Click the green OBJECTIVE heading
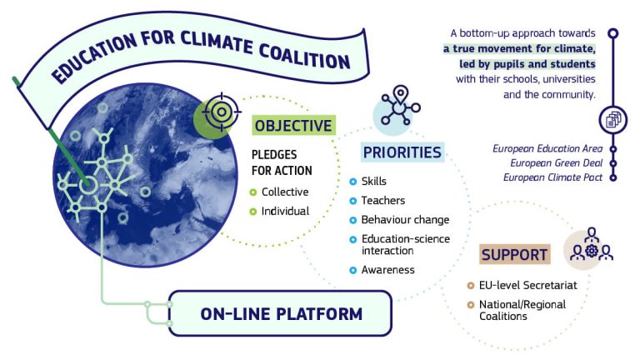pyautogui.click(x=293, y=125)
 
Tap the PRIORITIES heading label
pyautogui.click(x=402, y=152)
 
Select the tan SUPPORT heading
pyautogui.click(x=514, y=254)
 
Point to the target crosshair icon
pyautogui.click(x=221, y=112)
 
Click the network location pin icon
pyautogui.click(x=400, y=105)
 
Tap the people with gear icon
pyautogui.click(x=592, y=244)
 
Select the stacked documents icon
pyautogui.click(x=613, y=120)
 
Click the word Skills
pyautogui.click(x=374, y=181)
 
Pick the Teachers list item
pyautogui.click(x=383, y=200)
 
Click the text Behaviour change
pyautogui.click(x=405, y=220)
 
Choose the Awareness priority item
pyautogui.click(x=388, y=270)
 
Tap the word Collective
pyautogui.click(x=285, y=192)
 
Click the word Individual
pyautogui.click(x=285, y=211)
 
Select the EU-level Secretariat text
pyautogui.click(x=528, y=285)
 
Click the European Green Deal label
pyautogui.click(x=557, y=163)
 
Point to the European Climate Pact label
pyautogui.click(x=553, y=177)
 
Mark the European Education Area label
pyautogui.click(x=547, y=148)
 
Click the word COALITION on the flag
pyautogui.click(x=304, y=55)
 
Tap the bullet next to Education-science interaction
pyautogui.click(x=353, y=240)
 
